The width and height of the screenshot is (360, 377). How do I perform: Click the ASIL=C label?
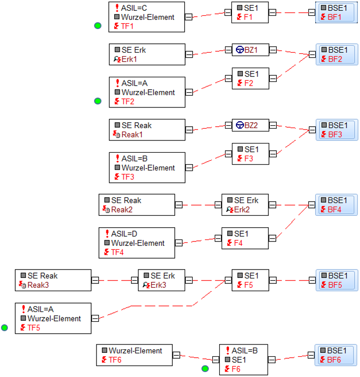pos(134,8)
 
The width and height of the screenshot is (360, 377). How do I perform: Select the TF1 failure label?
pos(127,26)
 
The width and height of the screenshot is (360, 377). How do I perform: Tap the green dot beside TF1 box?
pos(98,26)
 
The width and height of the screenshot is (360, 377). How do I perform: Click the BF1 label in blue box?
pos(334,17)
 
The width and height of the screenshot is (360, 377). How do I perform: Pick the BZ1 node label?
pos(251,50)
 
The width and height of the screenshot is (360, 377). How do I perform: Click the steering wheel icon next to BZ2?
pos(240,125)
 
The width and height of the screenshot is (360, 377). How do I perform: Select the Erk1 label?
pos(129,59)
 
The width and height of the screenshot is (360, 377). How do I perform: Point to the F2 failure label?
pos(249,83)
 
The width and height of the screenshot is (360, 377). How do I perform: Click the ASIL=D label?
pos(124,234)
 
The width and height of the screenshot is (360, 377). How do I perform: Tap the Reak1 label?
pos(132,135)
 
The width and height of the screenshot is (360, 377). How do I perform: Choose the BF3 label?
pos(335,135)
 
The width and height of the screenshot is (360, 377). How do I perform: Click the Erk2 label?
pos(242,209)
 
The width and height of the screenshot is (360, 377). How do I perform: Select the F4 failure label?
pos(238,243)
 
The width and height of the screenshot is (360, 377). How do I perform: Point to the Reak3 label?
pos(38,285)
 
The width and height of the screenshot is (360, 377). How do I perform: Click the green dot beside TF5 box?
pos(4,327)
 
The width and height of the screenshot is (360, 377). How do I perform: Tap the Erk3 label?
pos(158,285)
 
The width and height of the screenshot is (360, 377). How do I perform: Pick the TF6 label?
pos(115,360)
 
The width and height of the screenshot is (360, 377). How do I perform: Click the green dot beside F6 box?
pos(205,368)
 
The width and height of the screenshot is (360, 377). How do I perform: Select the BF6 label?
pos(334,360)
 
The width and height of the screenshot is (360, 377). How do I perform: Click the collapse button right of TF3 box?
pos(189,168)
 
